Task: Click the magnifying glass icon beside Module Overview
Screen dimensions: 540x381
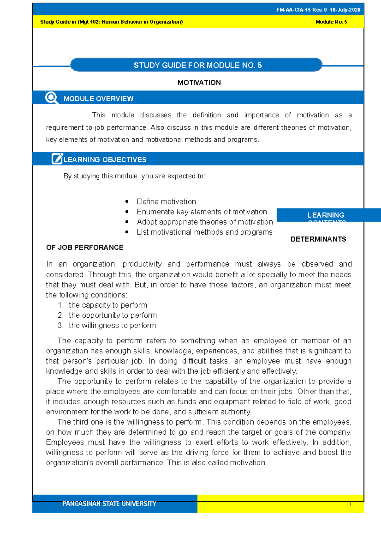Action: pos(51,98)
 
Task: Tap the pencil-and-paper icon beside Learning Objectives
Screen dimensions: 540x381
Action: pos(57,159)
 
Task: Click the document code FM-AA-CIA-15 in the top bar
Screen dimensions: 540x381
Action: pos(293,10)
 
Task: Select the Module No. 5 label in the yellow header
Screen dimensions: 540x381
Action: pos(331,22)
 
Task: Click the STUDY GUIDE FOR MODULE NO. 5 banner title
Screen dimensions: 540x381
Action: pos(197,65)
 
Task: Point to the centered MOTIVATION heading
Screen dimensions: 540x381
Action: pos(199,83)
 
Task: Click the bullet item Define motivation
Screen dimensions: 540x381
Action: pos(166,202)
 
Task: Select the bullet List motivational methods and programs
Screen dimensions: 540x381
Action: pos(204,232)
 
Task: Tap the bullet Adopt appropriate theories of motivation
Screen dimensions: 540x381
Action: pos(204,222)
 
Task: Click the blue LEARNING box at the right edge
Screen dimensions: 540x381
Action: pos(326,215)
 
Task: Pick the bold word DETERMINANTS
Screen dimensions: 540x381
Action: pos(318,239)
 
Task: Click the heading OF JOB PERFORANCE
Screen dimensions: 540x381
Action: pos(85,247)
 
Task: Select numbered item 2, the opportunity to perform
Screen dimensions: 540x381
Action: pos(112,315)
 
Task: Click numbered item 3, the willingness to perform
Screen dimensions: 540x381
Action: pos(112,325)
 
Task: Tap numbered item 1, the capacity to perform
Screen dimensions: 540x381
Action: pos(108,305)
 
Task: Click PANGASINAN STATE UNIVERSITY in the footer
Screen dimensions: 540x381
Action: pos(109,504)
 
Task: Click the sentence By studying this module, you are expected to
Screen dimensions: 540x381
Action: pos(134,176)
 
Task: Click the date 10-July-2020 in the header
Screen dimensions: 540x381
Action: pos(345,10)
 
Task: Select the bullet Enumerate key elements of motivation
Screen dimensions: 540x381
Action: pos(202,212)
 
